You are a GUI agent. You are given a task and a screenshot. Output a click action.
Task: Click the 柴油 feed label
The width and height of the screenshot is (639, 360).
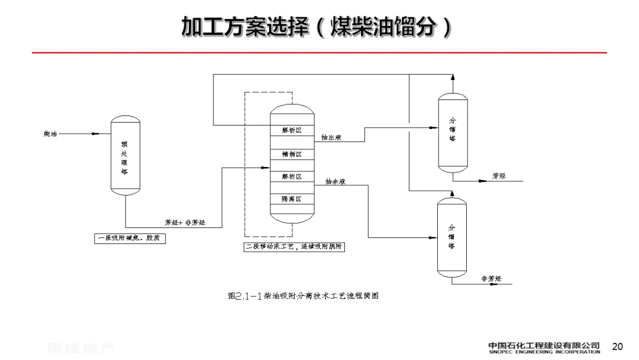point(50,134)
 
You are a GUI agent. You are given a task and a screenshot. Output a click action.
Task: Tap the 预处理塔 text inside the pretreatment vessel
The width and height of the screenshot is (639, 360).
point(124,157)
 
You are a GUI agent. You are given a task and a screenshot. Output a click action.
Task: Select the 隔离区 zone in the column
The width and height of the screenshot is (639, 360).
point(291,199)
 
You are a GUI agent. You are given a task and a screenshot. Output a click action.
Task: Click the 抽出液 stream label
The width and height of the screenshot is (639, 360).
point(331,137)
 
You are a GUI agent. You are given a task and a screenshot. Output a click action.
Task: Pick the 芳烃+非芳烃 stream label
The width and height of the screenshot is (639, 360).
point(185,223)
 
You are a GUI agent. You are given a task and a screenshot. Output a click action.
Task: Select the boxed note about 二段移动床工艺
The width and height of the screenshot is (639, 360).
point(294,247)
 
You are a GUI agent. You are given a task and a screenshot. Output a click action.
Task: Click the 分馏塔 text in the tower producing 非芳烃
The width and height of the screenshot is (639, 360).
point(451,237)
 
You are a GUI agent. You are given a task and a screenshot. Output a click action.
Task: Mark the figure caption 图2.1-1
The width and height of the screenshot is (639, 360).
point(302,295)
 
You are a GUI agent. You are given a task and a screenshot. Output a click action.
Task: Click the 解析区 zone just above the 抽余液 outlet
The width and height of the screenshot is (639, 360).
point(291,176)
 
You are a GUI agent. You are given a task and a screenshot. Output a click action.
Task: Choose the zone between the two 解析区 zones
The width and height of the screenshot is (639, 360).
point(291,154)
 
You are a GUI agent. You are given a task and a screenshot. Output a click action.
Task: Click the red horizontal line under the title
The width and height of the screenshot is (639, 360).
point(319,53)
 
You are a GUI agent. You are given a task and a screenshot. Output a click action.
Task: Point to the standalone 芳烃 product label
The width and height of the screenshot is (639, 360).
point(499,176)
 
